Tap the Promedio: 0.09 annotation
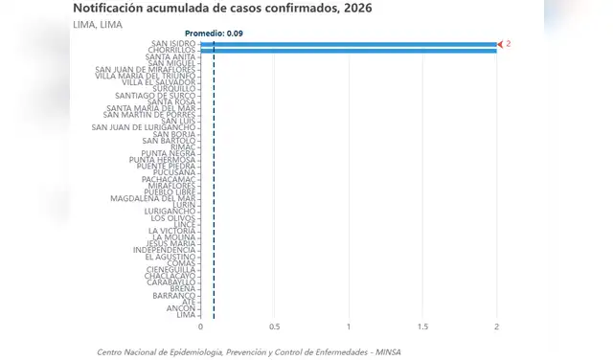coord(214,34)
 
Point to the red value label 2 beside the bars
coord(509,44)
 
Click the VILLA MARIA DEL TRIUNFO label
coord(146,76)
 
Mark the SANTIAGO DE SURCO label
coord(155,96)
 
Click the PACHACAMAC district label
coord(168,179)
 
